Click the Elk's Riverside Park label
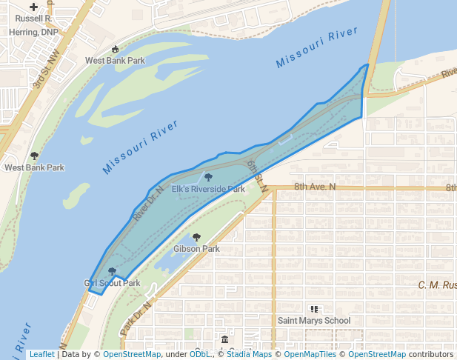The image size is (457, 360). pyautogui.click(x=208, y=190)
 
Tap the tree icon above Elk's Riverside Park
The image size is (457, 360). pyautogui.click(x=208, y=178)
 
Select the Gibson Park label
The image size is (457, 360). pyautogui.click(x=196, y=249)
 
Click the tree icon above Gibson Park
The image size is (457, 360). pyautogui.click(x=196, y=237)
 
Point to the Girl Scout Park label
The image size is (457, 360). pyautogui.click(x=113, y=283)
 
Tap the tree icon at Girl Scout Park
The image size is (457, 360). pyautogui.click(x=112, y=272)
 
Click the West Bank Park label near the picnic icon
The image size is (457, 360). pyautogui.click(x=115, y=61)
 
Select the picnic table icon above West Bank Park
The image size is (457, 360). pyautogui.click(x=115, y=50)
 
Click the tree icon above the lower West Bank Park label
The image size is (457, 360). pyautogui.click(x=34, y=156)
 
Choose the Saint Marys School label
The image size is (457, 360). pyautogui.click(x=313, y=321)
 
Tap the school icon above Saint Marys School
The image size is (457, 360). pyautogui.click(x=313, y=309)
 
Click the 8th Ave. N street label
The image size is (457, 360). pyautogui.click(x=314, y=187)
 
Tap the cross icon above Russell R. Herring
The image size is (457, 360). pyautogui.click(x=33, y=6)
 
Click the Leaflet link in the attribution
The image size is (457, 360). pyautogui.click(x=41, y=354)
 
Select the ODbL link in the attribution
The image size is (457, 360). pyautogui.click(x=200, y=354)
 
